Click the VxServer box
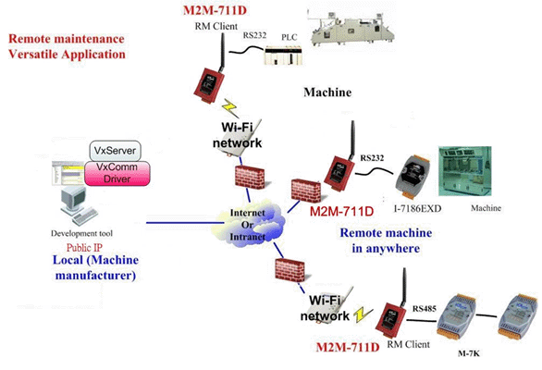pyautogui.click(x=115, y=151)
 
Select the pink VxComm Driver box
pyautogui.click(x=117, y=173)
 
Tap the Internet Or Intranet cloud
pyautogui.click(x=250, y=224)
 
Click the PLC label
pyautogui.click(x=289, y=37)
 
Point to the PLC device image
pyautogui.click(x=283, y=55)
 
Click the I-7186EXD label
pyautogui.click(x=418, y=208)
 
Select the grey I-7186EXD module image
pyautogui.click(x=413, y=178)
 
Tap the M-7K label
pyautogui.click(x=468, y=353)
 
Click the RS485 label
pyautogui.click(x=425, y=308)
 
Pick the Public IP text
pyautogui.click(x=84, y=248)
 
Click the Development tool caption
pyautogui.click(x=81, y=233)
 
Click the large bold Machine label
pyautogui.click(x=327, y=92)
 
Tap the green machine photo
pyautogui.click(x=465, y=171)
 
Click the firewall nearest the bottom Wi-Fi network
pyautogui.click(x=289, y=270)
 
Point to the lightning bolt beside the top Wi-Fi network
pyautogui.click(x=230, y=107)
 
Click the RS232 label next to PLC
pyautogui.click(x=254, y=35)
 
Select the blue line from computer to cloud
pyautogui.click(x=184, y=223)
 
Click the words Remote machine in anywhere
pyautogui.click(x=386, y=240)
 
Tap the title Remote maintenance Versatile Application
pyautogui.click(x=67, y=46)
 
